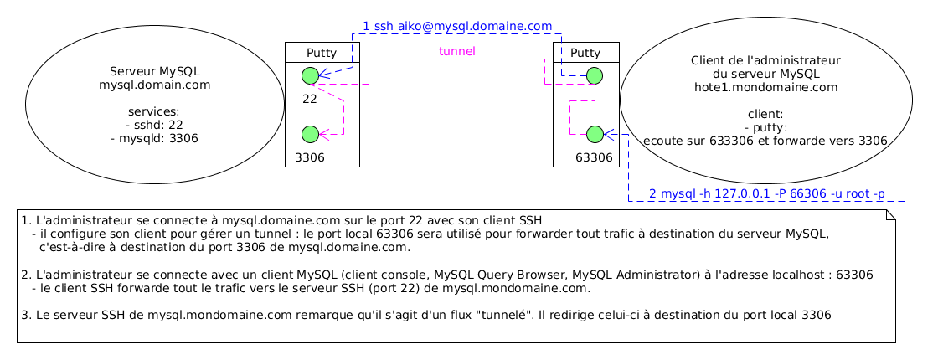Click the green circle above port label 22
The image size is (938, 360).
(x=309, y=75)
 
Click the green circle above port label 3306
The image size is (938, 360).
(x=309, y=134)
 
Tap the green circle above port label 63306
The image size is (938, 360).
(x=595, y=134)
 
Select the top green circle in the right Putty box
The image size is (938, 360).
(x=595, y=75)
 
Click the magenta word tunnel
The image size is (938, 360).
(x=457, y=52)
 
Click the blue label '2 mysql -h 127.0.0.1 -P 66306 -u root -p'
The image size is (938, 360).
(x=766, y=194)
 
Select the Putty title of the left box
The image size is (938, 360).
(x=322, y=53)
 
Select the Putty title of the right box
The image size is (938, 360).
(x=585, y=53)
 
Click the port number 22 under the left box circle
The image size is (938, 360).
(x=309, y=99)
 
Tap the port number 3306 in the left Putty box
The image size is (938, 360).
(x=309, y=157)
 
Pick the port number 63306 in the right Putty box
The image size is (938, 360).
(x=594, y=157)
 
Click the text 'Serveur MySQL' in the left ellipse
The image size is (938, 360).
(x=155, y=71)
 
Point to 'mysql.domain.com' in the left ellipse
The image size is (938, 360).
(x=155, y=85)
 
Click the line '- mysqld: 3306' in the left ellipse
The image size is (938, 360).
(x=155, y=138)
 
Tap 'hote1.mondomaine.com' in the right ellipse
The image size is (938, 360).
(x=765, y=86)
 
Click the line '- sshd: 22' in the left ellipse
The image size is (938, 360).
(x=155, y=125)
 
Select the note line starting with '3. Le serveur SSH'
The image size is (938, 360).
(x=426, y=316)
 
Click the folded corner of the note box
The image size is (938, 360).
(x=890, y=215)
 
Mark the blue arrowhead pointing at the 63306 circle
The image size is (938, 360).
(x=609, y=134)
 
